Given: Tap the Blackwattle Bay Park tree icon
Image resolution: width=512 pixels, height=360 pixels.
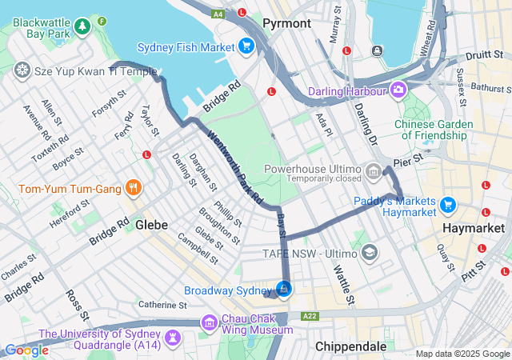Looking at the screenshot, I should click(82, 28).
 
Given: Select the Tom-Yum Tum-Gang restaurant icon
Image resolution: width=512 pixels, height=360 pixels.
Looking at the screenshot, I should click(134, 190).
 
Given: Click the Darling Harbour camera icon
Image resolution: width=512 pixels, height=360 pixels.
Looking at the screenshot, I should click(398, 88).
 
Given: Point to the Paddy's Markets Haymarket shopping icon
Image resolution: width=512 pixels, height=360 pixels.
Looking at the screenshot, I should click(447, 205).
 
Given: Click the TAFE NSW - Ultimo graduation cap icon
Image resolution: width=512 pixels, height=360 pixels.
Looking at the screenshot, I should click(369, 254).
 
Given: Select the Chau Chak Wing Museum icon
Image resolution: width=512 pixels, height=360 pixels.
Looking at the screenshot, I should click(210, 322).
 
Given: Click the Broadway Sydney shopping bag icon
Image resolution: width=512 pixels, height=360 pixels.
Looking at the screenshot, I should click(284, 289).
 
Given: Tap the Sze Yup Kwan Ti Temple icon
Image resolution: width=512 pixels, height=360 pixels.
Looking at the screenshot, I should click(22, 70).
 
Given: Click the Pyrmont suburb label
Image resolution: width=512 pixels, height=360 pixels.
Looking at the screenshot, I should click(286, 23).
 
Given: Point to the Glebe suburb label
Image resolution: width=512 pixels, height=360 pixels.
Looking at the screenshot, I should click(151, 225).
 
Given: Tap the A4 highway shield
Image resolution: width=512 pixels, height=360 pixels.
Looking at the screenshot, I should click(218, 14).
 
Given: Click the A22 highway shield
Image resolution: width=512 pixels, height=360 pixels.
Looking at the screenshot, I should click(310, 316).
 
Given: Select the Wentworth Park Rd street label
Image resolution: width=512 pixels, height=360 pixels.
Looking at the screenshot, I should click(234, 166).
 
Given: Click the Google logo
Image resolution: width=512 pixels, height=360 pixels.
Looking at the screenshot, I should click(26, 350).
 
